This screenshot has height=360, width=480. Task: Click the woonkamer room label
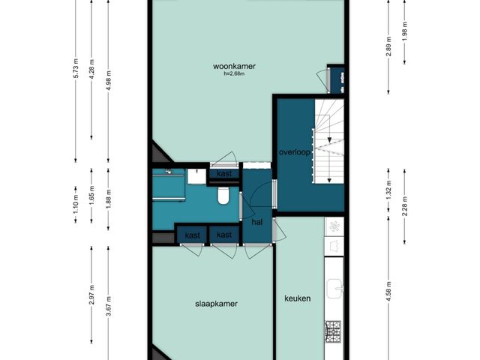(234, 66)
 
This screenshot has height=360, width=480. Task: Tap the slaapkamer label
(217, 304)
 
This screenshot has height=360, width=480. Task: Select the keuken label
(298, 298)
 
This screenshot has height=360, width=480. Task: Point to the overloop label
(295, 152)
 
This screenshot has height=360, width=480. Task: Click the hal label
(257, 222)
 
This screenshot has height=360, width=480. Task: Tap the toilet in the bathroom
(223, 196)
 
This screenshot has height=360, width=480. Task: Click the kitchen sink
(334, 288)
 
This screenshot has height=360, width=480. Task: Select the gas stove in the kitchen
(333, 331)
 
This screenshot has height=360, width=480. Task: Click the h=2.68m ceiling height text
(234, 73)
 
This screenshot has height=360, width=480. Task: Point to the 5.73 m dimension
(76, 68)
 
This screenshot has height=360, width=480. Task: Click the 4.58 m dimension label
(388, 292)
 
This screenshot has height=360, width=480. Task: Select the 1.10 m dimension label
(76, 205)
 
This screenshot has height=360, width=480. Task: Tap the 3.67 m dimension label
(109, 307)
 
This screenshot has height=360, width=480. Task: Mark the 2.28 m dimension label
(405, 206)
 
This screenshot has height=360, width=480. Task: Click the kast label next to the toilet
(224, 174)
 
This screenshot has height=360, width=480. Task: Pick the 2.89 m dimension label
(388, 46)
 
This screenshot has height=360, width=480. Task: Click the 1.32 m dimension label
(388, 190)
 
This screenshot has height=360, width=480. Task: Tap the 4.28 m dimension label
(91, 69)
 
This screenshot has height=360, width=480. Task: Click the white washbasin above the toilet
(196, 176)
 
